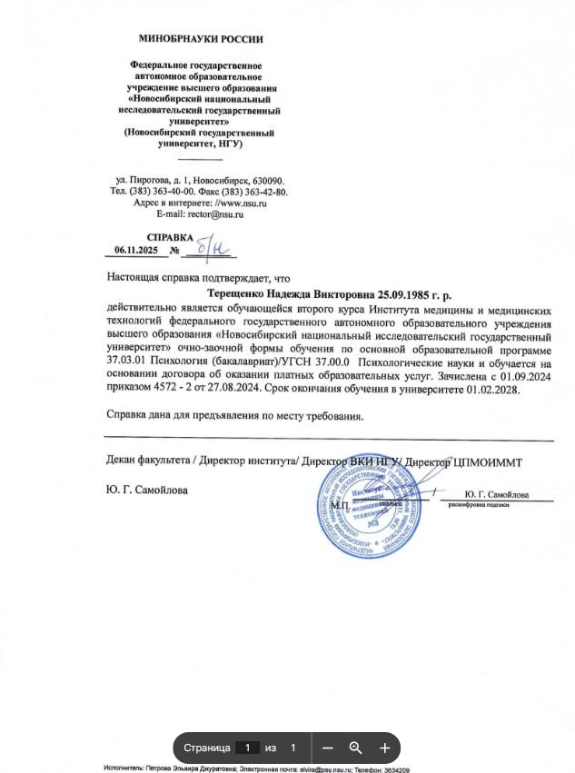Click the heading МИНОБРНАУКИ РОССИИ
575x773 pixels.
200,39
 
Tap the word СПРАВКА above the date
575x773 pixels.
170,237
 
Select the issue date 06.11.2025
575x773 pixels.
135,250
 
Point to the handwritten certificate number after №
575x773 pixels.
213,247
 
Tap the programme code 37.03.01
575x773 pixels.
126,364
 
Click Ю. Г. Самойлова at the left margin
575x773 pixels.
147,491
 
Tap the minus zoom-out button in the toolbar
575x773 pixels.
327,748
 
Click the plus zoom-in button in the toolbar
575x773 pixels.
384,748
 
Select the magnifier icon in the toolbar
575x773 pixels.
355,748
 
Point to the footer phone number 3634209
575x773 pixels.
393,768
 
